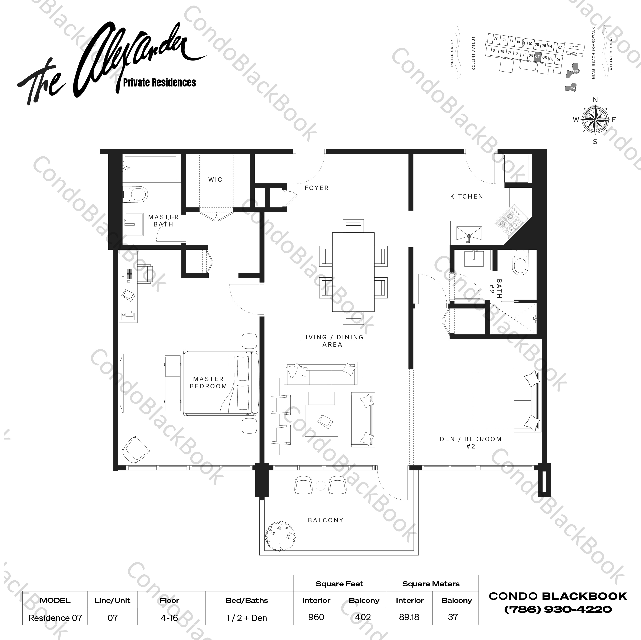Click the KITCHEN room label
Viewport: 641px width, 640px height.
[x=466, y=196]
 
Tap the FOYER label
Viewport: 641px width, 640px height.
[x=317, y=188]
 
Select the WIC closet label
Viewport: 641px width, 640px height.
[x=215, y=179]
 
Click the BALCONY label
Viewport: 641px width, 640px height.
[x=326, y=520]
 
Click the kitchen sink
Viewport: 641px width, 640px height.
[x=469, y=234]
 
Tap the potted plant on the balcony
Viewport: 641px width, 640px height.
[x=280, y=536]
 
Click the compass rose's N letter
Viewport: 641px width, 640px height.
[x=595, y=100]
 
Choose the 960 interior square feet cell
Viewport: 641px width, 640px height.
[x=316, y=617]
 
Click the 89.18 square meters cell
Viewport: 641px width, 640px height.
[x=409, y=617]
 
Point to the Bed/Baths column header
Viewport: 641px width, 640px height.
[x=246, y=600]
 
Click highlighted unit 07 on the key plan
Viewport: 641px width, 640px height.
[x=537, y=56]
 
